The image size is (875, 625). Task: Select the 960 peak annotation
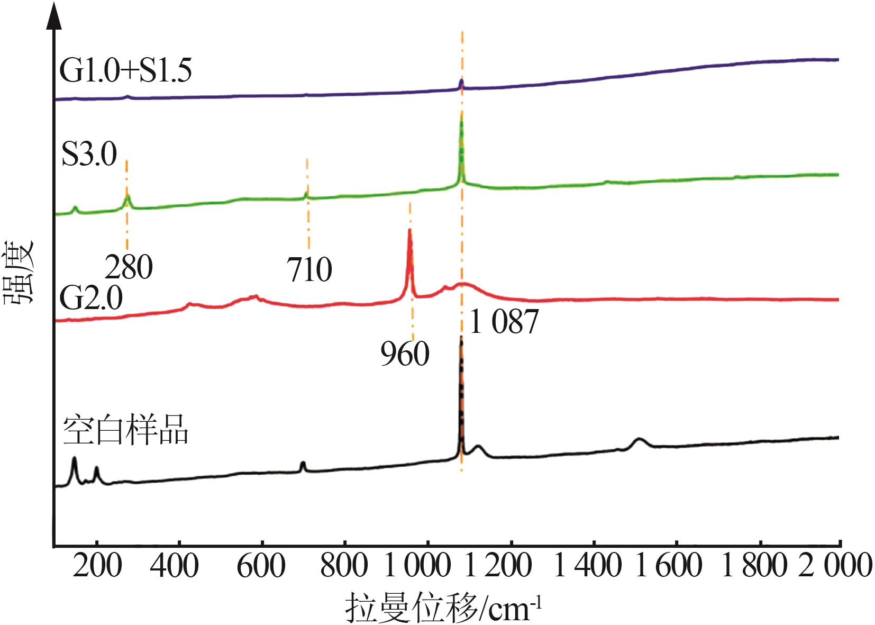point(405,354)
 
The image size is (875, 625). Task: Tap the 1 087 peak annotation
point(504,321)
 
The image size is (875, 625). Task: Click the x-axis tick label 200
point(97,566)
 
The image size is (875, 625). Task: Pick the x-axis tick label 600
point(261,566)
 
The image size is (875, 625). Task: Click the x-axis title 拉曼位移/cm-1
point(443,608)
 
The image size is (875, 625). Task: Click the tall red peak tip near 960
point(409,230)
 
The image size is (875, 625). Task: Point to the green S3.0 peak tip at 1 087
point(461,114)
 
